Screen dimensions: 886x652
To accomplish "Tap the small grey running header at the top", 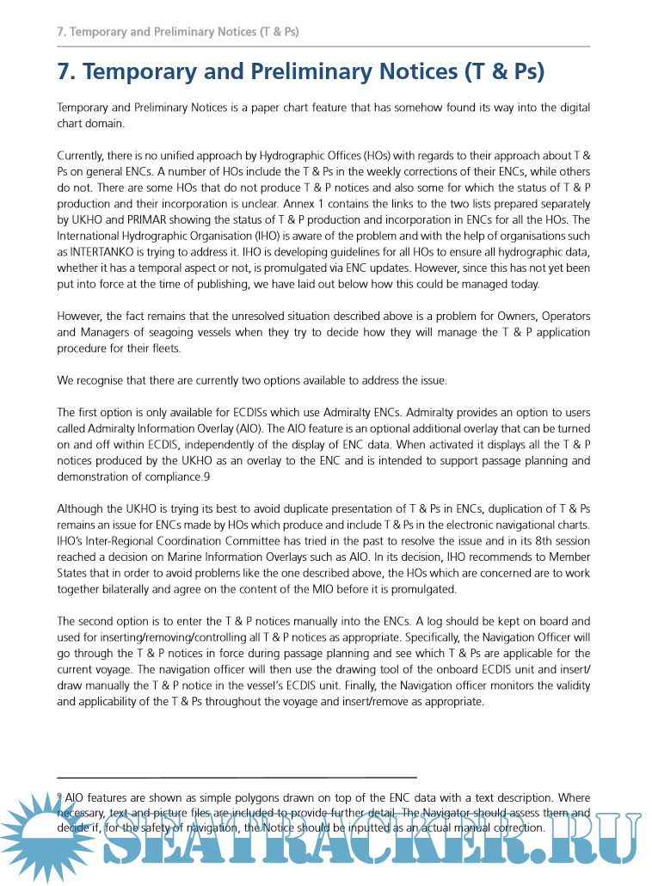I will tap(177, 32).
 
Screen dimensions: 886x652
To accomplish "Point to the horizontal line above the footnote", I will tap(237, 777).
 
